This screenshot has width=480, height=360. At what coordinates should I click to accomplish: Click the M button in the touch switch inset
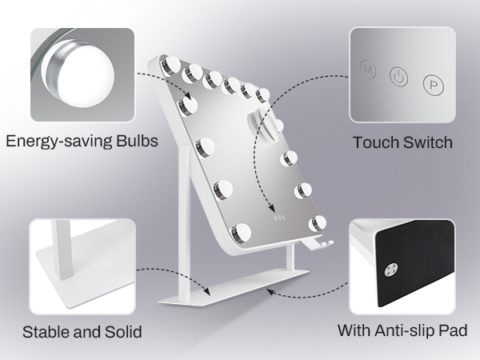(x=368, y=70)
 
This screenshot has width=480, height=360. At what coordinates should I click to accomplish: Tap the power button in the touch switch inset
(x=398, y=77)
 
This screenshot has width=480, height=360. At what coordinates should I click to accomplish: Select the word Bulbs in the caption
(x=137, y=141)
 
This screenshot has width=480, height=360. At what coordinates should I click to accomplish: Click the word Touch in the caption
(x=376, y=142)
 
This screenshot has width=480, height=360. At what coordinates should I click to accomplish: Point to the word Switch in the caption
(x=428, y=142)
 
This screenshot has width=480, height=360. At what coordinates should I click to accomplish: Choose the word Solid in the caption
(x=123, y=332)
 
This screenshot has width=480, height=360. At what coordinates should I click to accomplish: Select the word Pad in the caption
(x=453, y=330)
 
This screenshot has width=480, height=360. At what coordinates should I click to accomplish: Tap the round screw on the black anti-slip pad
(x=391, y=270)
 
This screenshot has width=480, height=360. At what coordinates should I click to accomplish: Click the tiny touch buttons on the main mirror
(x=279, y=218)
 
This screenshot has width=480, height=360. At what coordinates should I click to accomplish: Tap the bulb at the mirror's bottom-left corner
(x=240, y=233)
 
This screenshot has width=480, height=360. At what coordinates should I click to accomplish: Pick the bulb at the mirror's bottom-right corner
(x=317, y=223)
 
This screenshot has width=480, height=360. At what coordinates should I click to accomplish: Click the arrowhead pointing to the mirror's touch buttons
(x=272, y=208)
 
